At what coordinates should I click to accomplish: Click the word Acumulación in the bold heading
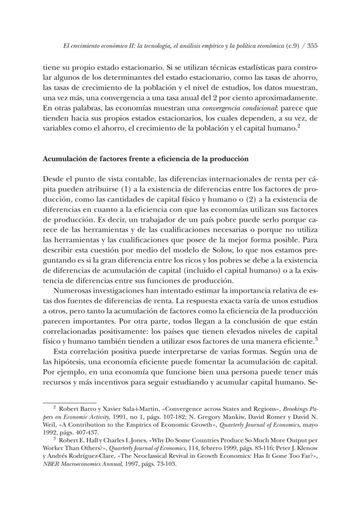(63, 159)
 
